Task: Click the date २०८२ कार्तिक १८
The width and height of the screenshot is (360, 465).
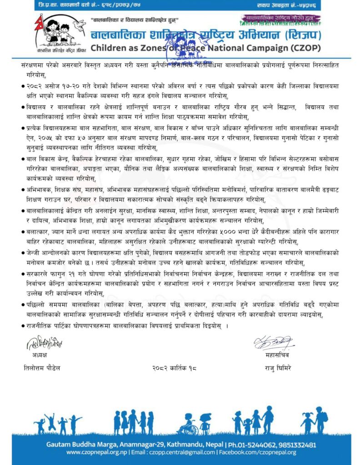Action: pos(175,367)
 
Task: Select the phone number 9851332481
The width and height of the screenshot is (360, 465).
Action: pos(294,445)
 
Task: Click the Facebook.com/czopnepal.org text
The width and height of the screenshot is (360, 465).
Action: pos(257,452)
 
